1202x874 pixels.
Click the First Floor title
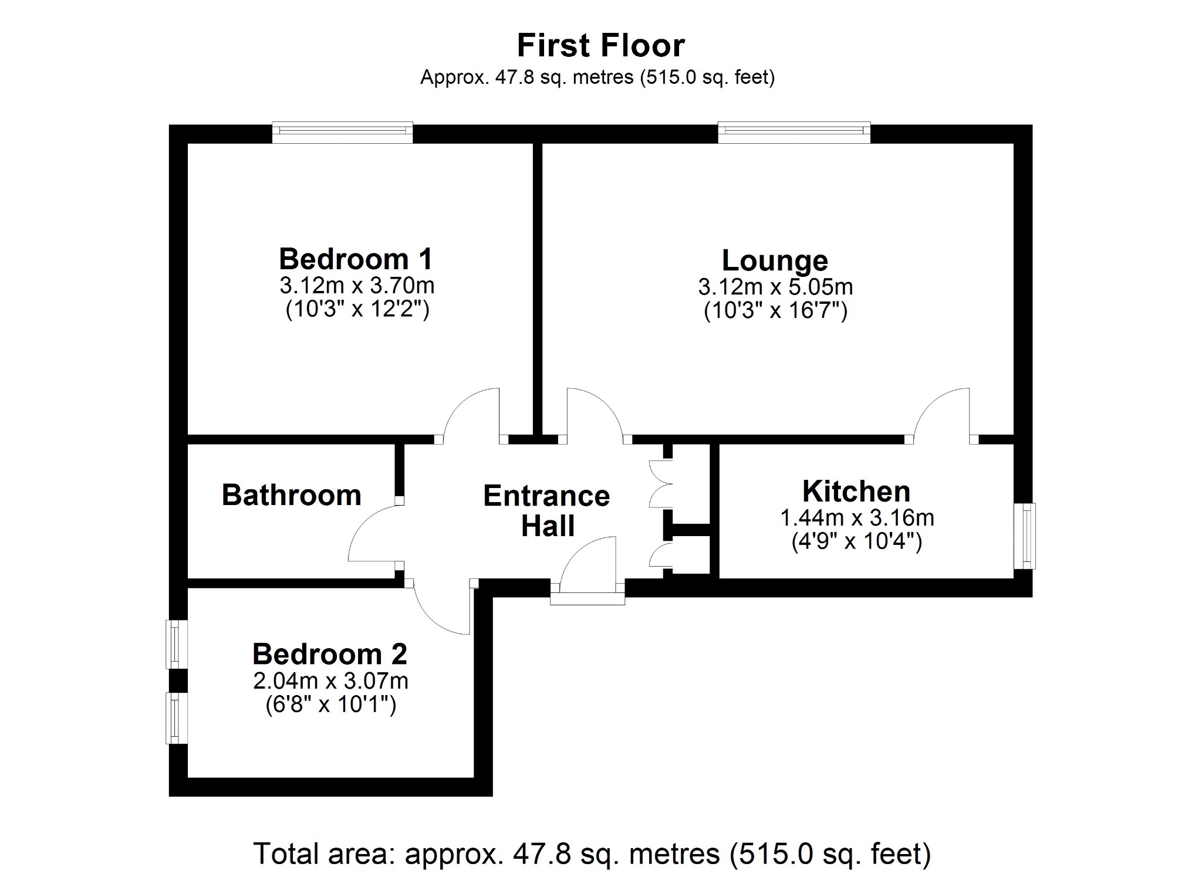point(600,45)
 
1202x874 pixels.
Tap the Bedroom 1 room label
point(356,259)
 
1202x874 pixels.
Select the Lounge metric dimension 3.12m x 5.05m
point(775,287)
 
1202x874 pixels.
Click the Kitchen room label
point(856,491)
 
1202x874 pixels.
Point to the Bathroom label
point(291,495)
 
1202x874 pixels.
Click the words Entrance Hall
point(546,511)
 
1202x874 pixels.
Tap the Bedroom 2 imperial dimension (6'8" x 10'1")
point(330,704)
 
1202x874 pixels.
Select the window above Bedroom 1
point(342,133)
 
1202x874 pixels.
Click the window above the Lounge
point(794,133)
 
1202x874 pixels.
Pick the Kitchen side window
point(1025,536)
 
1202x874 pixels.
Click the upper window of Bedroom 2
point(175,644)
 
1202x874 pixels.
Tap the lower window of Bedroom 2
point(175,718)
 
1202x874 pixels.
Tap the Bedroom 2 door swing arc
point(443,613)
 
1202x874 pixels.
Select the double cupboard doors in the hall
point(660,484)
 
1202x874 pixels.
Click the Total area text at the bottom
point(592,853)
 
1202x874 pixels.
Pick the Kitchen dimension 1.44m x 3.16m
point(856,518)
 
